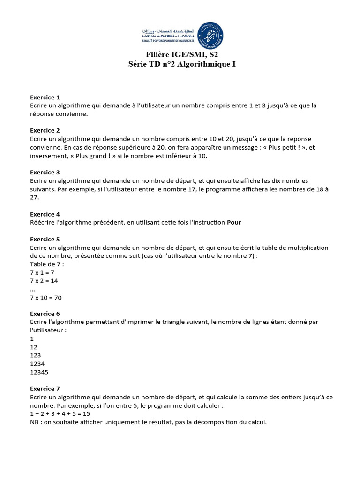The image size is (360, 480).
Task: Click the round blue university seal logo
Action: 210,35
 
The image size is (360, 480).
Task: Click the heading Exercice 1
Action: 45,97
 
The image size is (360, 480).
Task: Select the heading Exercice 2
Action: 45,131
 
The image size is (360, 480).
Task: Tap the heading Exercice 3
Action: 45,172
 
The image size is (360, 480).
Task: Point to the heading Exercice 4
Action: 45,214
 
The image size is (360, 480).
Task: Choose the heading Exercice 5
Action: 45,239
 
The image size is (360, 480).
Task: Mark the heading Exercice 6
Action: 45,314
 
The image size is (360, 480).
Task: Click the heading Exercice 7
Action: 45,389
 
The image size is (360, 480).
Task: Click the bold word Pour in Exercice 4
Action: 234,223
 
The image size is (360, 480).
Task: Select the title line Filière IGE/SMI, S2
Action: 182,55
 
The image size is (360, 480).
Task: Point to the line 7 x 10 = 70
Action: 46,298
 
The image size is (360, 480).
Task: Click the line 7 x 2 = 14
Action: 44,281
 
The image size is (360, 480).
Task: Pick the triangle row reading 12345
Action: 39,372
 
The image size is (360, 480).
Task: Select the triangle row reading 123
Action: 35,355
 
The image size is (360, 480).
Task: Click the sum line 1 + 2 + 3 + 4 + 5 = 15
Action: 60,414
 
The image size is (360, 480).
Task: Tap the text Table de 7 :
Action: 47,264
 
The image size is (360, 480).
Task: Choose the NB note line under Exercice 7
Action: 148,422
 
